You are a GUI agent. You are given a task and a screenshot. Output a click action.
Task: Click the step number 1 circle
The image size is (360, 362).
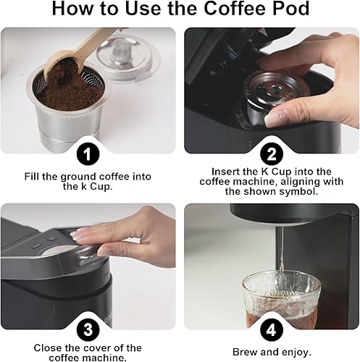click(x=88, y=153)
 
